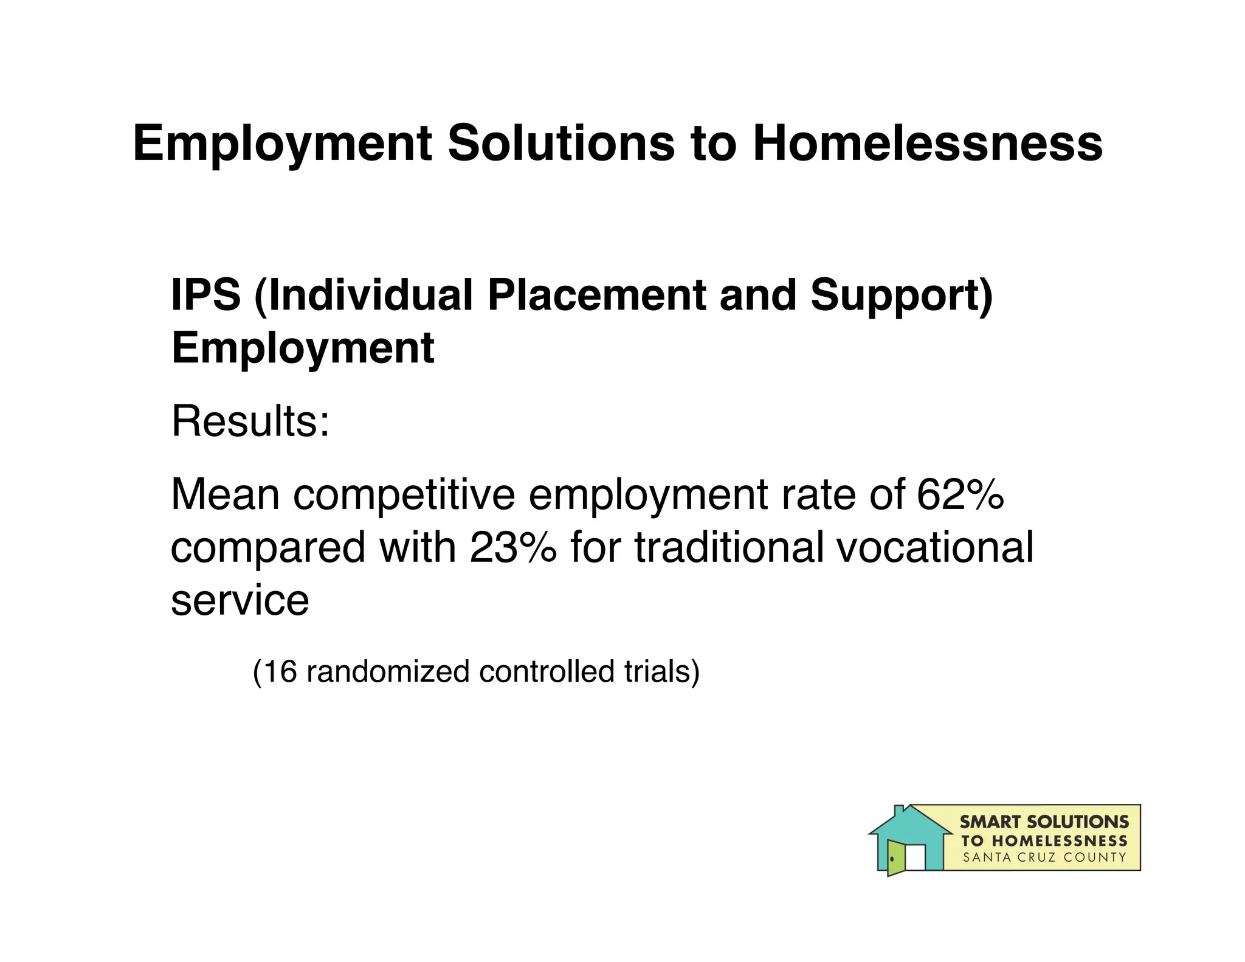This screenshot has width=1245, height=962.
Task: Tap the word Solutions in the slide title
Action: coord(560,144)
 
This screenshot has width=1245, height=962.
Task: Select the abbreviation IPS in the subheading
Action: coord(206,295)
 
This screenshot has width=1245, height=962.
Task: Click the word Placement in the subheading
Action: coord(596,295)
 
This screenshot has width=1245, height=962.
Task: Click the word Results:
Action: coord(250,421)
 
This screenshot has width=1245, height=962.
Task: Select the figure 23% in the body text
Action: coord(512,547)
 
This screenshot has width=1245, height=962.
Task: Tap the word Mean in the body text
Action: coord(225,494)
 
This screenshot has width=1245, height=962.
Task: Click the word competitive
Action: coord(404,495)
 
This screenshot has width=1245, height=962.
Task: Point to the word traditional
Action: coord(729,547)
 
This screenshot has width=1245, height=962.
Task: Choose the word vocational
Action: coord(935,547)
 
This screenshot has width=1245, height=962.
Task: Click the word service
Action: coord(240,600)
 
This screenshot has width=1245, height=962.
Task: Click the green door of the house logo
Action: coord(895,857)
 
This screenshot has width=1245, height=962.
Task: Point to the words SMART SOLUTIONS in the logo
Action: coord(1044,822)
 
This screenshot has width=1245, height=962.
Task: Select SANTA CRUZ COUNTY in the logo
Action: coord(1044,857)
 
